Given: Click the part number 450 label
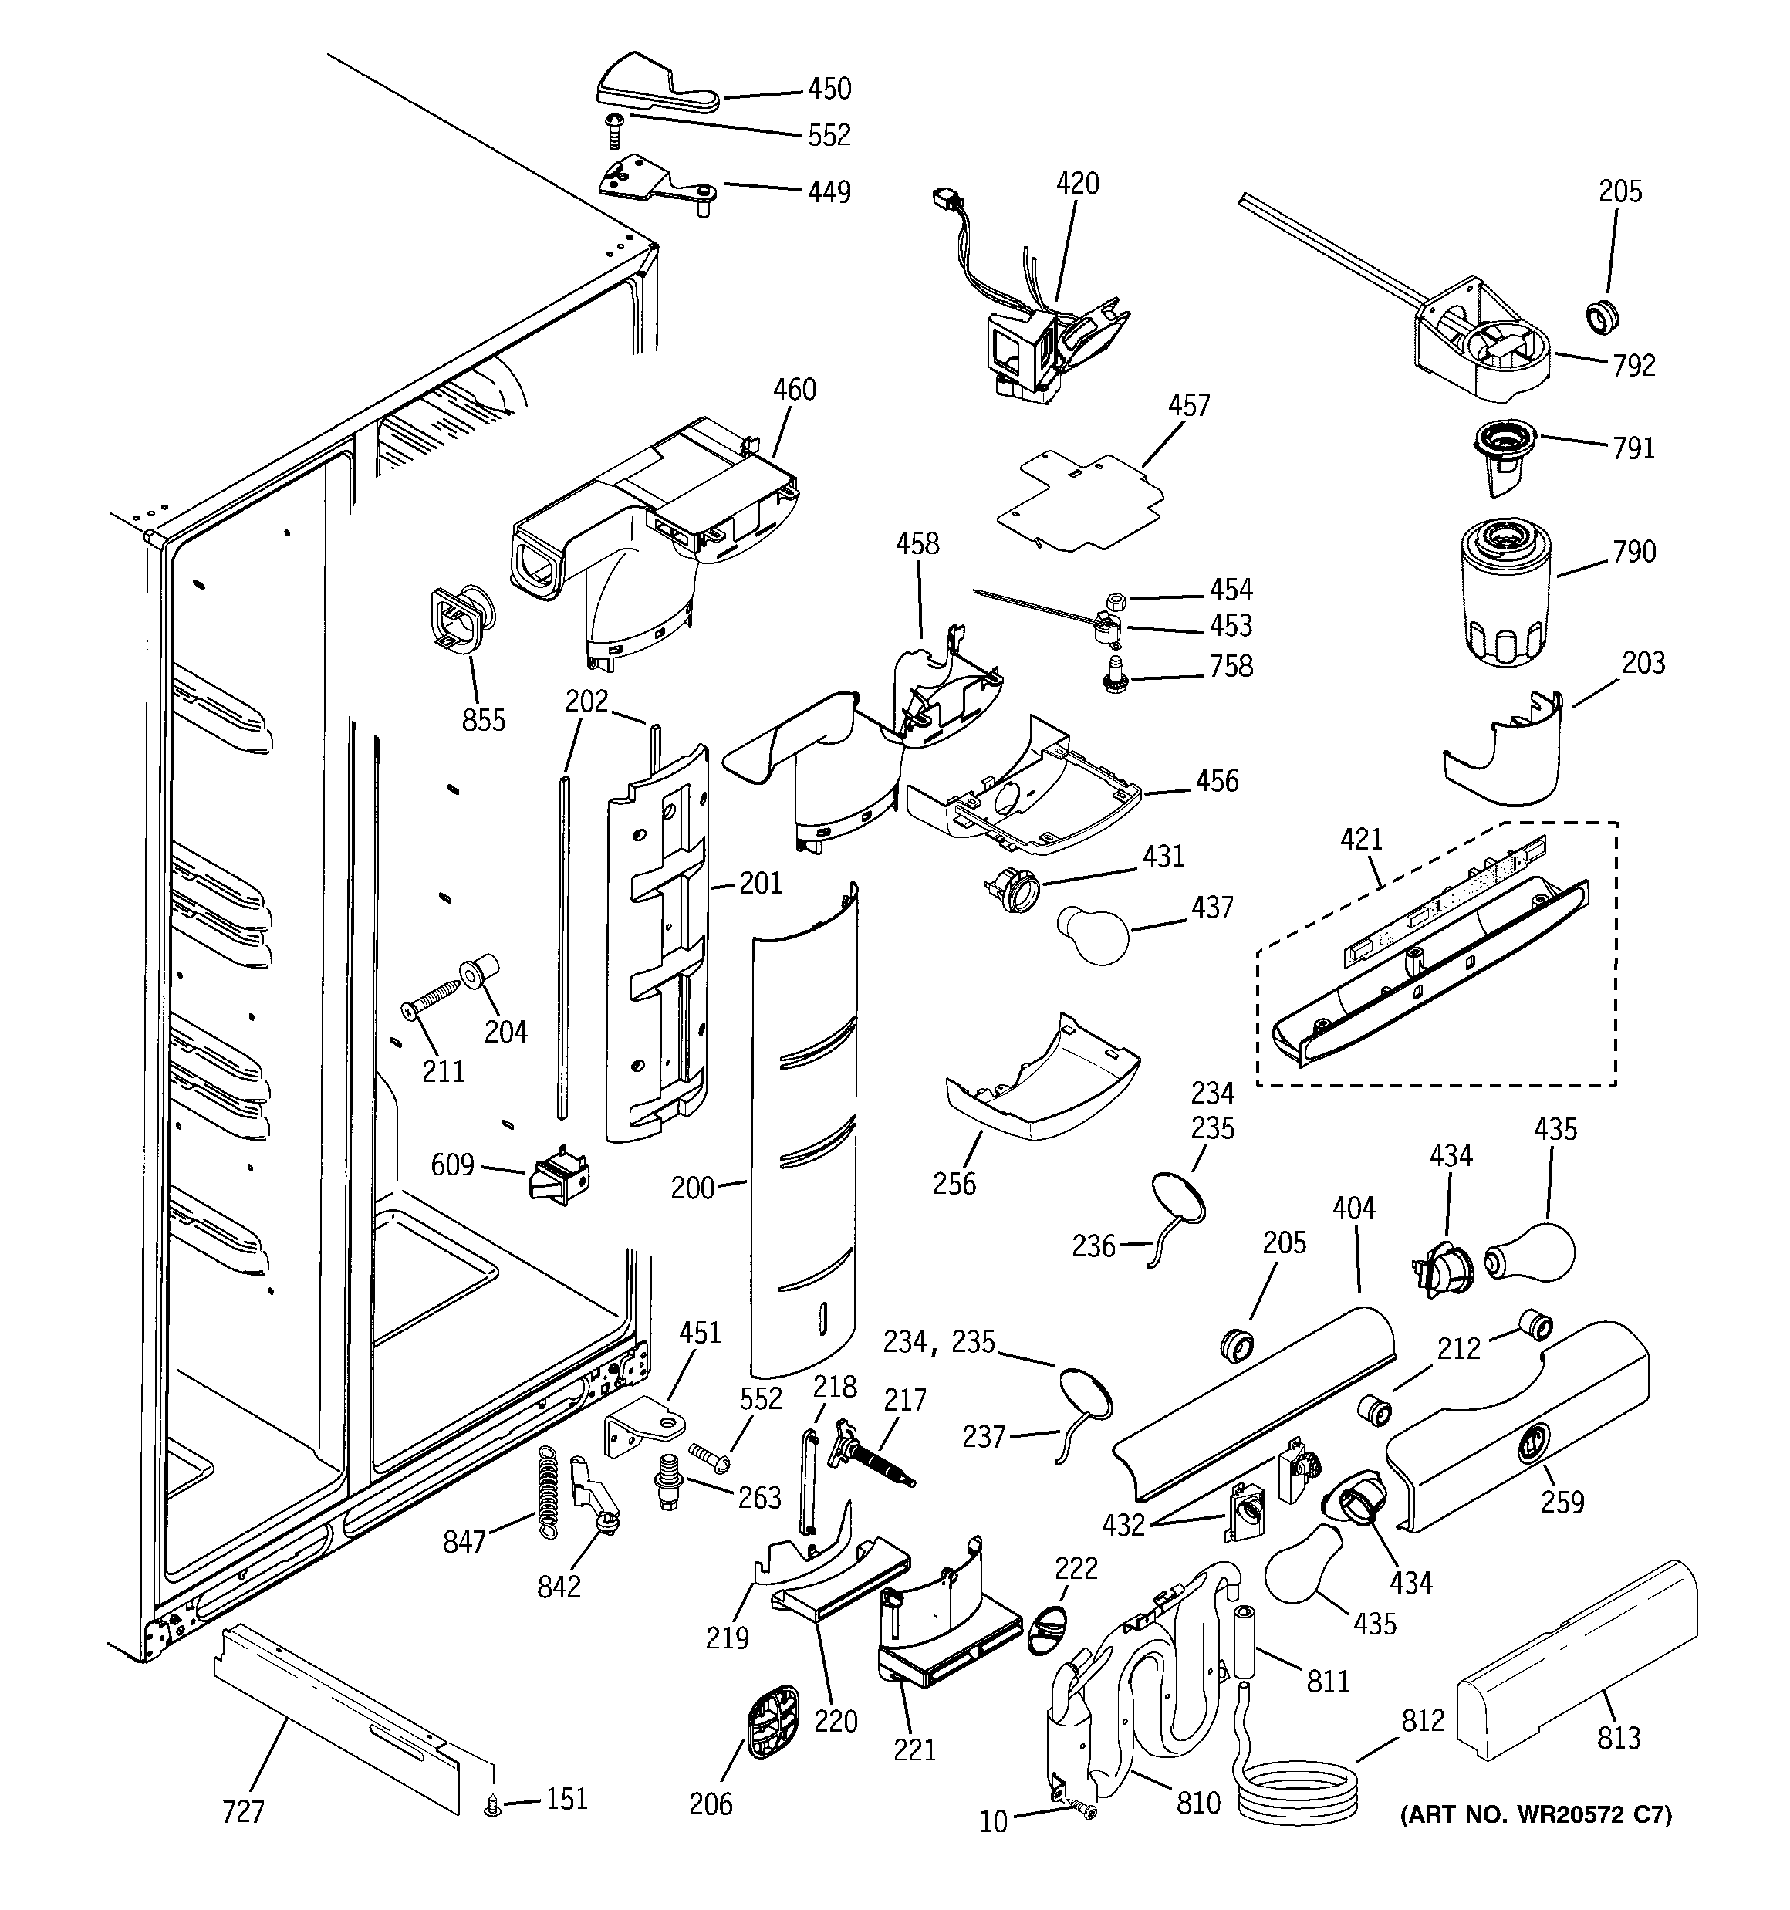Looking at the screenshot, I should coord(828,89).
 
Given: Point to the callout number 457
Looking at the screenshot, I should coord(1188,405).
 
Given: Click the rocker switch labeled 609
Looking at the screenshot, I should coord(559,1177).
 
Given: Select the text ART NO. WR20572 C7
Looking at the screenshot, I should coord(1535,1815).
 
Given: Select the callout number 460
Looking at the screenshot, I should coord(795,389).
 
